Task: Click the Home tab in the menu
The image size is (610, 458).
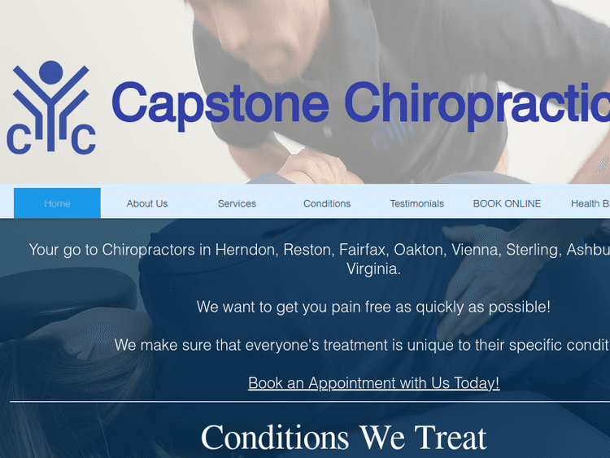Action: [x=57, y=203]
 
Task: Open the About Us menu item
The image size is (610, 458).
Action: [x=147, y=203]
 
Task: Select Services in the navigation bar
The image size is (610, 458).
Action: [x=237, y=203]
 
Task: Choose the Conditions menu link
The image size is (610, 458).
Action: [x=327, y=203]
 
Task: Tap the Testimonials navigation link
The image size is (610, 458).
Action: [x=417, y=203]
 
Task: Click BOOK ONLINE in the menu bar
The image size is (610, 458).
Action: [x=507, y=203]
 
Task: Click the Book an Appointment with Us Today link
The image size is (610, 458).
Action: [x=373, y=382]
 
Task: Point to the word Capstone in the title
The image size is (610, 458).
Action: [x=220, y=104]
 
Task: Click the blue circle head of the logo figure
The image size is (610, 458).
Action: [x=50, y=72]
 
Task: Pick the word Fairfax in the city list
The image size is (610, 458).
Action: [x=363, y=250]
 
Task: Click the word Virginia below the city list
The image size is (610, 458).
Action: [x=373, y=268]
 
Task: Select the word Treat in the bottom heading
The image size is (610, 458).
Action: [x=451, y=438]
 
